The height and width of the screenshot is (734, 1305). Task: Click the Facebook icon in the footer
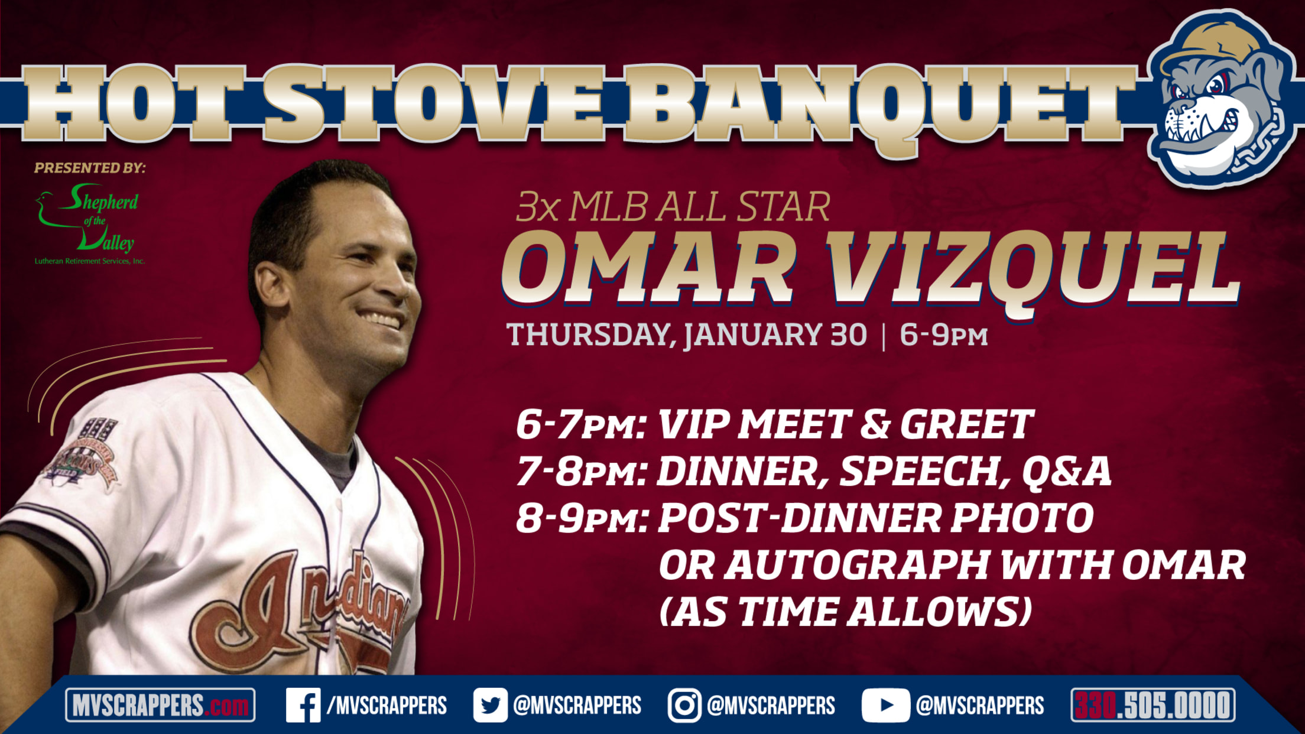click(x=303, y=705)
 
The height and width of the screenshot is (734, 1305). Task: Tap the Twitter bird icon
click(x=490, y=705)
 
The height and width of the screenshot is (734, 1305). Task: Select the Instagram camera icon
click(x=684, y=705)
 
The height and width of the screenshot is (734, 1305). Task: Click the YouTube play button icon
click(x=885, y=705)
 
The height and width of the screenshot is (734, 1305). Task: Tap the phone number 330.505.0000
click(x=1153, y=705)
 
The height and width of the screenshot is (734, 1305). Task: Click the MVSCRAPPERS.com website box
click(x=160, y=705)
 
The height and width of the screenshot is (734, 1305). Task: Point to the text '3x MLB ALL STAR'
click(x=673, y=206)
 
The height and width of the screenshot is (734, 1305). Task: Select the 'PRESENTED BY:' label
click(x=89, y=168)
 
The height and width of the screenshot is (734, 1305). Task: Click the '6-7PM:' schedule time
click(x=580, y=424)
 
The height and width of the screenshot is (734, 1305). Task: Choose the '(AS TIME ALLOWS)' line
click(x=845, y=612)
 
